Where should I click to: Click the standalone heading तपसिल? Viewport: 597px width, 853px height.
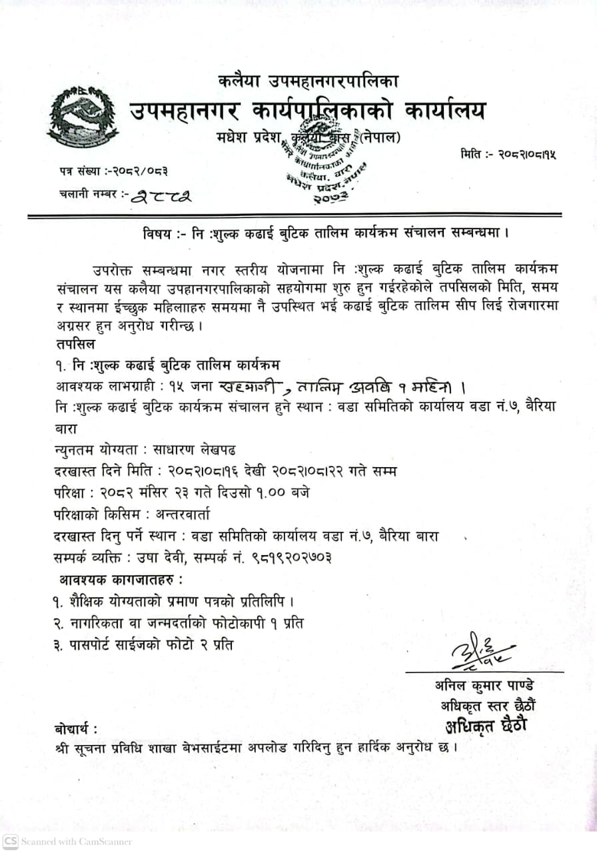coord(75,345)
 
